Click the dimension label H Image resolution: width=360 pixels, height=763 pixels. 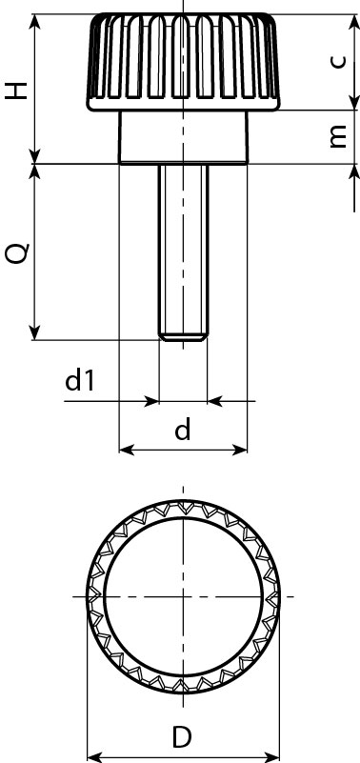[17, 90]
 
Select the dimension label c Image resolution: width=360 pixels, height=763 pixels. [336, 61]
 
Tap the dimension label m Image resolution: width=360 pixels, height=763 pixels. [336, 137]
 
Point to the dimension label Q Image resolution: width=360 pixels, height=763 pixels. [17, 252]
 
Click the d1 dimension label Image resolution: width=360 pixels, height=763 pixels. [80, 381]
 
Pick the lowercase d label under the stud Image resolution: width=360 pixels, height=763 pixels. [183, 431]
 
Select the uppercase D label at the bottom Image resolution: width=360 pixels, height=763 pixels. [182, 736]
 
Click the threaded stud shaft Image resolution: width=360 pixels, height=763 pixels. [183, 248]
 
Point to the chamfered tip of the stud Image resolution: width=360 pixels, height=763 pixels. [183, 335]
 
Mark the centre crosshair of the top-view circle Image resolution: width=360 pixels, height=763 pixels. [182, 596]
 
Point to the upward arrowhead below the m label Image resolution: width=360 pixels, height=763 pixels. [354, 172]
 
